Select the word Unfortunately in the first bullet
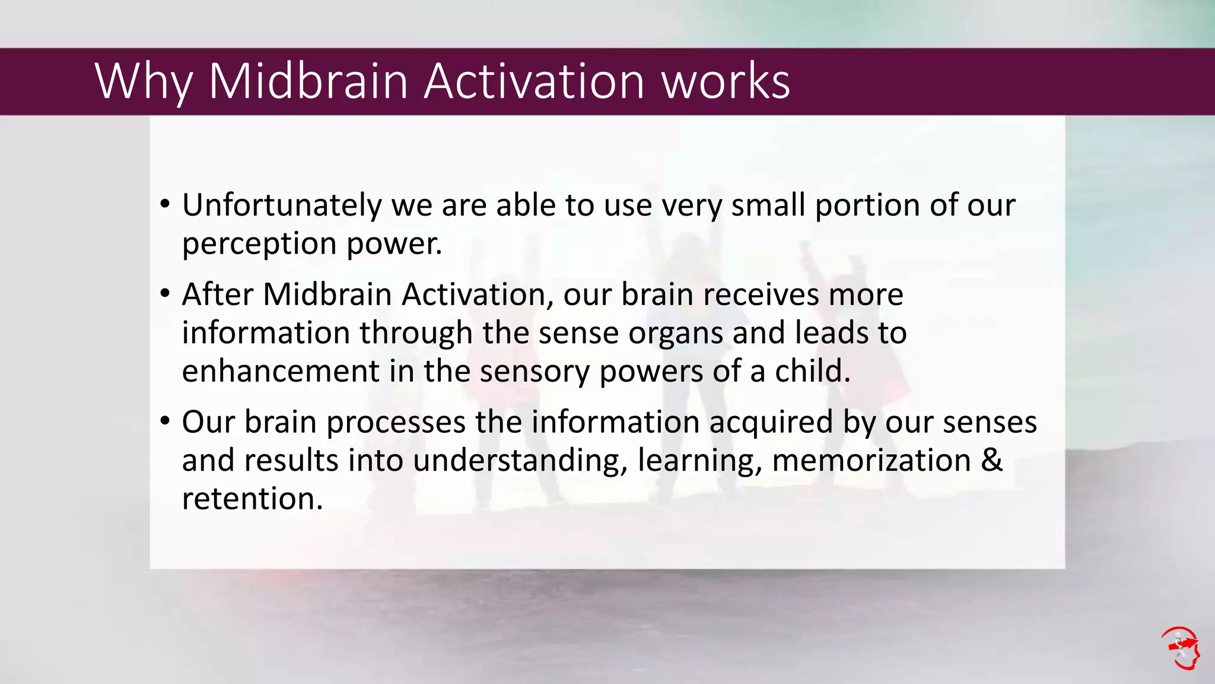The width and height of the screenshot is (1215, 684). [282, 205]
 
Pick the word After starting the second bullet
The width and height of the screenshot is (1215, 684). [218, 294]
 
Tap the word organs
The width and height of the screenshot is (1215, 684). [676, 332]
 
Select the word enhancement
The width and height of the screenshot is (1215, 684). [280, 371]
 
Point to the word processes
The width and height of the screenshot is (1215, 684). [396, 423]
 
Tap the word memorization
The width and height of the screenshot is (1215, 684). [872, 461]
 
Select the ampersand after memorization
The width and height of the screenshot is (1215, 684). [991, 461]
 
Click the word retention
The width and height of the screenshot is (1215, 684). [252, 499]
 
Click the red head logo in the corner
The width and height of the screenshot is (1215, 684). [1181, 648]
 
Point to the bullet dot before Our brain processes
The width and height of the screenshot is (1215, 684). [166, 422]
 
